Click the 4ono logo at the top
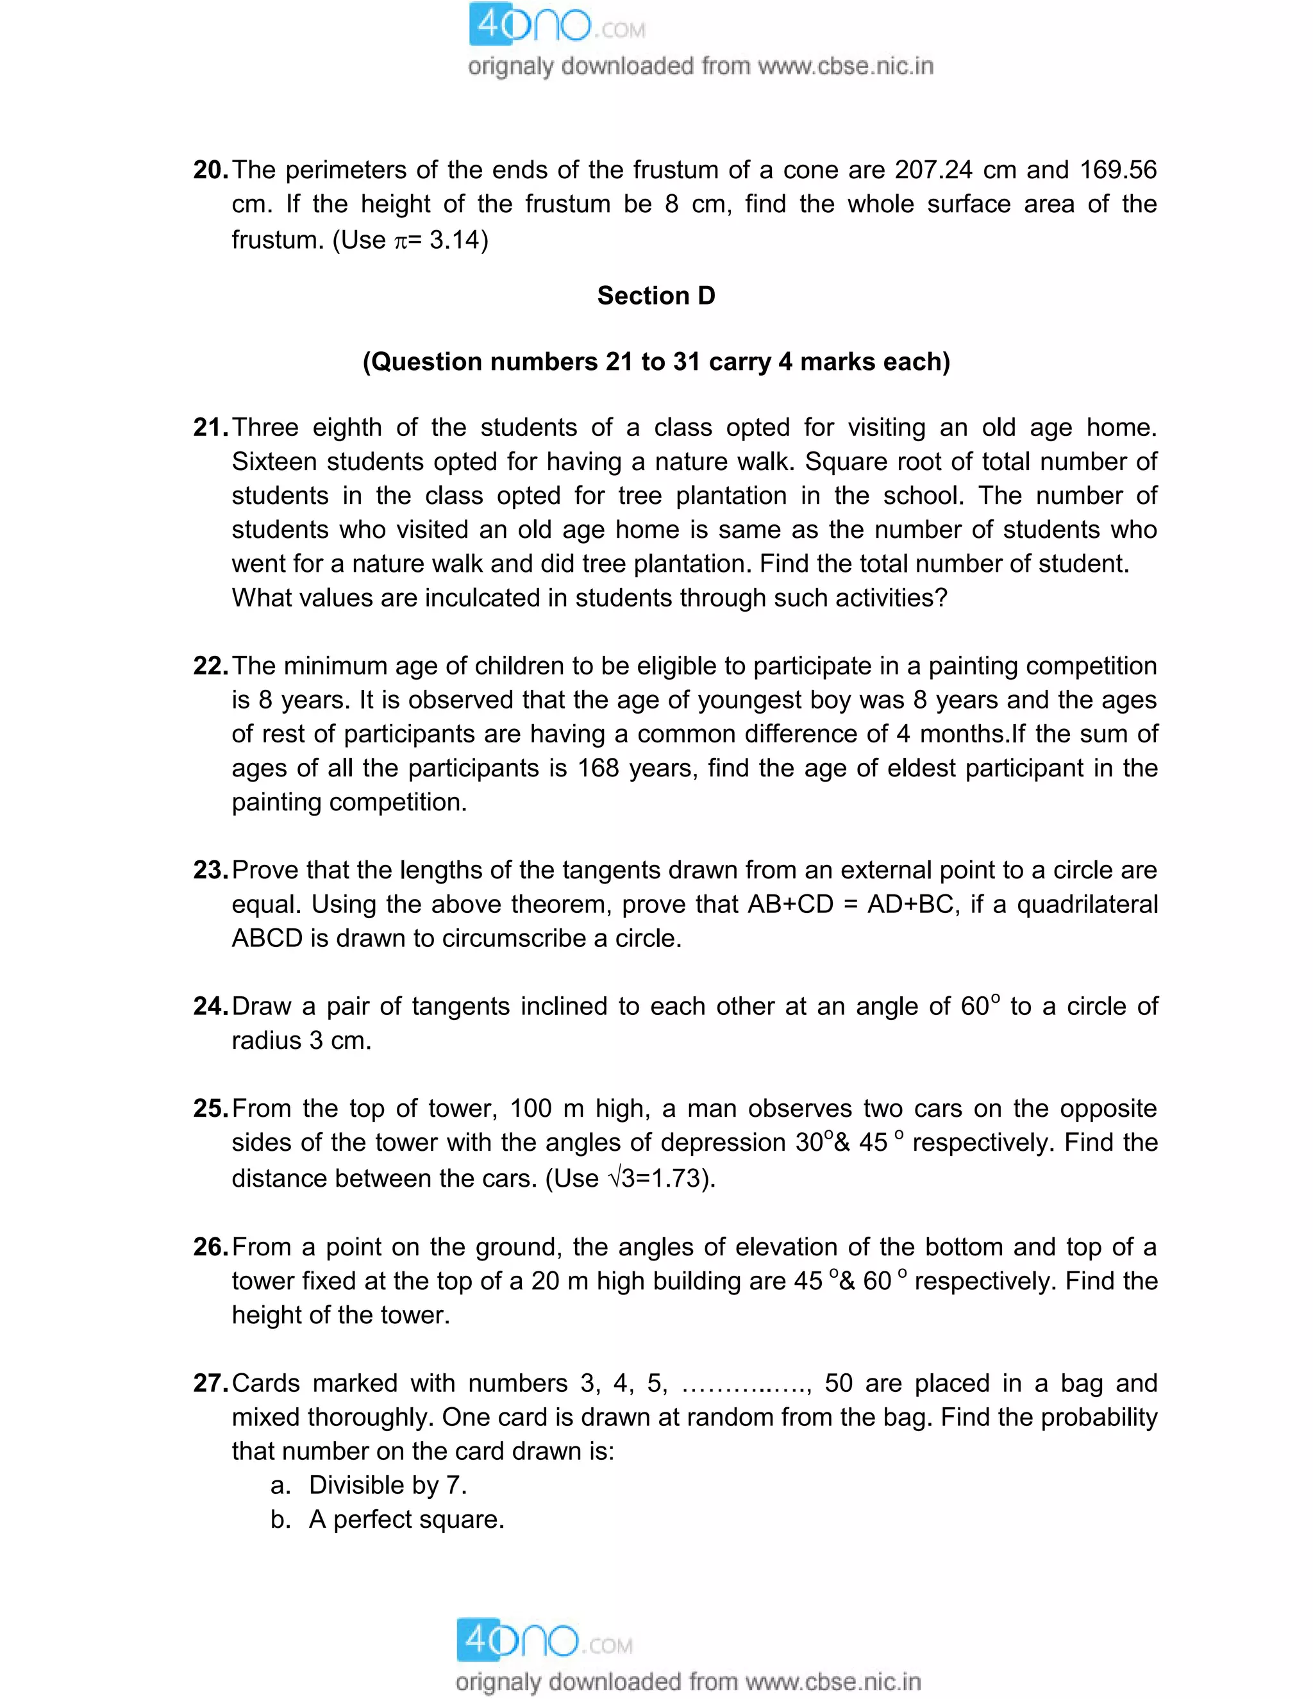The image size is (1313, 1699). click(557, 26)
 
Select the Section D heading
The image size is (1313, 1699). click(656, 296)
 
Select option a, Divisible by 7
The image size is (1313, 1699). click(387, 1485)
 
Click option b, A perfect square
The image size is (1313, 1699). click(406, 1519)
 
